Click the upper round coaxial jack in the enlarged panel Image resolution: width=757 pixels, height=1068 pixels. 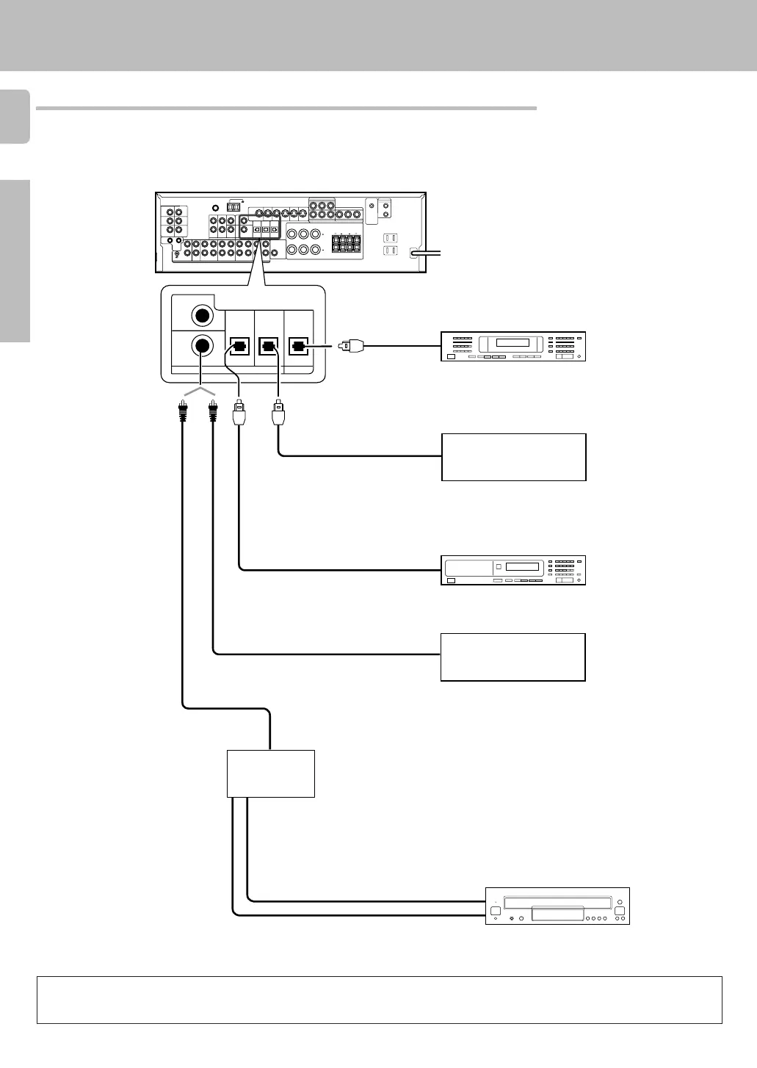click(202, 316)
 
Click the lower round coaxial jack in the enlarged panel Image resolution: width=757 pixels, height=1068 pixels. click(202, 345)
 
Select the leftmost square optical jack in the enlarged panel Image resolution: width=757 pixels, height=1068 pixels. click(239, 345)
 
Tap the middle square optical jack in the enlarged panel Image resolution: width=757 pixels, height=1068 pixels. click(269, 345)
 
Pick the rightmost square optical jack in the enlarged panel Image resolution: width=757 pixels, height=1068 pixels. click(298, 345)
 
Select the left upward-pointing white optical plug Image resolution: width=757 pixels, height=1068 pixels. click(239, 413)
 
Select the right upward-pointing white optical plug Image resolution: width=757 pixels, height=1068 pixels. click(278, 413)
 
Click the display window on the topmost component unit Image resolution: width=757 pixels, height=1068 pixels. click(512, 343)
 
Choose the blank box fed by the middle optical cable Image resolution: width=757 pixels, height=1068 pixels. click(513, 457)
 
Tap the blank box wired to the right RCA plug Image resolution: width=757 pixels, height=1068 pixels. click(512, 657)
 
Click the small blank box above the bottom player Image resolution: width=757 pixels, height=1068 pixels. click(271, 773)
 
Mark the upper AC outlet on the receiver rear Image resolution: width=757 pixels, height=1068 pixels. click(391, 238)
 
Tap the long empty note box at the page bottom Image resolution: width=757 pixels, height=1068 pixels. click(380, 1000)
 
